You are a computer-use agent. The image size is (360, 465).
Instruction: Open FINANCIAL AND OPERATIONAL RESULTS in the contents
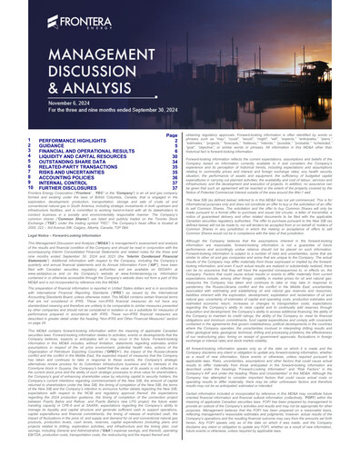pos(81,152)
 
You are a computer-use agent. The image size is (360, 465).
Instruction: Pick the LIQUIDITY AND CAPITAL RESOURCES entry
pos(76,157)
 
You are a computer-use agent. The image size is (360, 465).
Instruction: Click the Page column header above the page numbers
pos(174,134)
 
